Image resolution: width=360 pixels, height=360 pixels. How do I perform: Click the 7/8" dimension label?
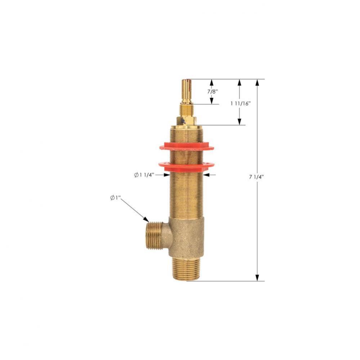point(212,92)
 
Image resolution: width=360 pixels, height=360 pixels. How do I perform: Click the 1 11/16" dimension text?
point(240,103)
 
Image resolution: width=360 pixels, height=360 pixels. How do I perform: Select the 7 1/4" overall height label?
point(257,177)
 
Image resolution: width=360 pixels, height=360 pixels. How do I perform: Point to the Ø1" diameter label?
point(115,198)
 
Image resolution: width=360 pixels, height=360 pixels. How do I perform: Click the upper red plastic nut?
point(186,147)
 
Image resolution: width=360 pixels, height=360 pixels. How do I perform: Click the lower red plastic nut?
point(186,166)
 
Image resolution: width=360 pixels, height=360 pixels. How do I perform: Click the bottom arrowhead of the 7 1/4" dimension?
point(257,278)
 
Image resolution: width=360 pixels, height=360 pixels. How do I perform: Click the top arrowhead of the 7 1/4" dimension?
point(257,82)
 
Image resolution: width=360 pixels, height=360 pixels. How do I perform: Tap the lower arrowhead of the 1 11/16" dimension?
point(239,122)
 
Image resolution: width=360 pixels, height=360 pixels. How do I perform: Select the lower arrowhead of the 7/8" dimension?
point(212,101)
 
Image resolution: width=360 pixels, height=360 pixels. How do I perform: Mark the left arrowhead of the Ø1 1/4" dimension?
point(167,175)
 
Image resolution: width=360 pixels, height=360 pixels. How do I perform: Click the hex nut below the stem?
point(186,121)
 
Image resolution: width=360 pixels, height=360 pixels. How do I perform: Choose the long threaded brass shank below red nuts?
point(186,194)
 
